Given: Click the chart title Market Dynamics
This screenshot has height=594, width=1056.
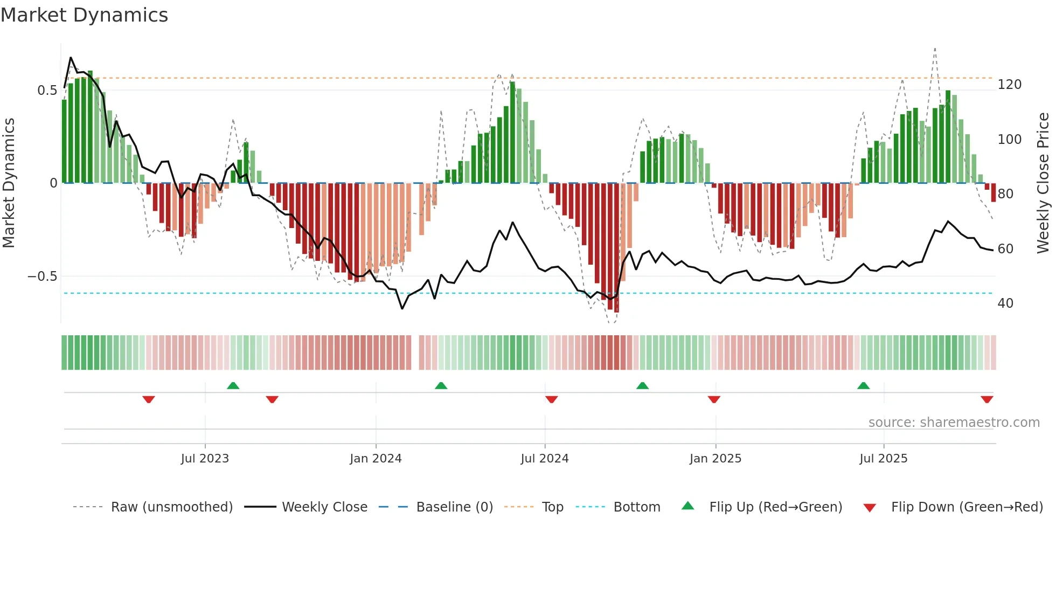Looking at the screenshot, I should [84, 15].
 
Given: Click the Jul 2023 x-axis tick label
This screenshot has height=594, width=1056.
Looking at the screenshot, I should [205, 459].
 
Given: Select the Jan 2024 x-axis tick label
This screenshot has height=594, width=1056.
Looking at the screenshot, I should [376, 459].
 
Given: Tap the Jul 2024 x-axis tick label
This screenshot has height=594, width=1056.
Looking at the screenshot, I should [545, 459].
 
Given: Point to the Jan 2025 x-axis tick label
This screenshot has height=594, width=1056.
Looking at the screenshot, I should [715, 459].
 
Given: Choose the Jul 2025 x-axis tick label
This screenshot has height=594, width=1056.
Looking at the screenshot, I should [884, 459].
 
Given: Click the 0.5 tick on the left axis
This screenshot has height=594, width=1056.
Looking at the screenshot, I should [47, 91].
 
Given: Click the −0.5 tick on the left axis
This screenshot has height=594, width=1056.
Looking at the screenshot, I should [42, 277].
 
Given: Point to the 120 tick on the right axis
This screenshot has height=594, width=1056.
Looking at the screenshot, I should [1009, 85].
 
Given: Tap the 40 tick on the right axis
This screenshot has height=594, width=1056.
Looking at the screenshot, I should [1005, 303].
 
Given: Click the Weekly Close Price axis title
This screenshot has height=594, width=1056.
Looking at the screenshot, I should [1043, 183].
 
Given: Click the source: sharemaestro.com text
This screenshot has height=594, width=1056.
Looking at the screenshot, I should [954, 423].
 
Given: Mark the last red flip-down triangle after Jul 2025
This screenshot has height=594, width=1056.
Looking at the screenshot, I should [987, 399].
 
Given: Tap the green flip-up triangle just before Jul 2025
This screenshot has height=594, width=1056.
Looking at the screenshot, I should [863, 386].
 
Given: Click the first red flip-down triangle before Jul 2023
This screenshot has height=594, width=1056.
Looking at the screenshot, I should [149, 399].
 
